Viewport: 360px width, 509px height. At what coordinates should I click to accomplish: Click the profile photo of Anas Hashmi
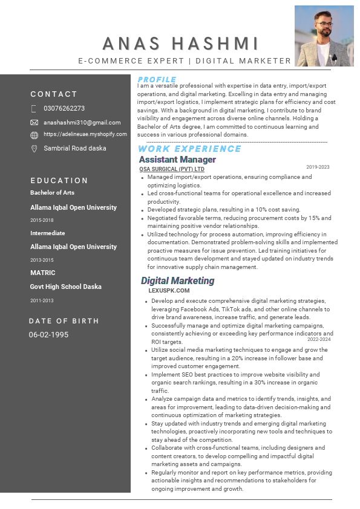pyautogui.click(x=324, y=36)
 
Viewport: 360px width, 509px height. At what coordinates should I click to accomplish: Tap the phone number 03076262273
pyautogui.click(x=64, y=109)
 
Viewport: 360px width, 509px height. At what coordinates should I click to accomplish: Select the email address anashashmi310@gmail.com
pyautogui.click(x=82, y=123)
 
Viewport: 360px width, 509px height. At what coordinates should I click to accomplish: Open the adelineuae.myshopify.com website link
pyautogui.click(x=85, y=134)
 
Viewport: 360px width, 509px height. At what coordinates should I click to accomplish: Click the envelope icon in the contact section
pyautogui.click(x=34, y=123)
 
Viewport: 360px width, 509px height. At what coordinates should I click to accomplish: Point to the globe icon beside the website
pyautogui.click(x=34, y=135)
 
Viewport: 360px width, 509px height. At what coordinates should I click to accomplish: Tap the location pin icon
pyautogui.click(x=34, y=148)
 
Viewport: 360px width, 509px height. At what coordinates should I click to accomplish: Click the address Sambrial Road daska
pyautogui.click(x=75, y=148)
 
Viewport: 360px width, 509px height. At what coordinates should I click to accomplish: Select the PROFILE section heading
pyautogui.click(x=157, y=80)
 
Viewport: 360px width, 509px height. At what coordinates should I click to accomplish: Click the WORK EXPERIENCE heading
pyautogui.click(x=189, y=149)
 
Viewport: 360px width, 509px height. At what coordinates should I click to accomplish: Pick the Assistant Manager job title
pyautogui.click(x=177, y=160)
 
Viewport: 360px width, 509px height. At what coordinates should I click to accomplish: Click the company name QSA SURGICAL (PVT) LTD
pyautogui.click(x=172, y=169)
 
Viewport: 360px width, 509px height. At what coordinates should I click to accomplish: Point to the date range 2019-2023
pyautogui.click(x=318, y=167)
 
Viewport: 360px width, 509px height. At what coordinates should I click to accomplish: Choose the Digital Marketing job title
pyautogui.click(x=177, y=280)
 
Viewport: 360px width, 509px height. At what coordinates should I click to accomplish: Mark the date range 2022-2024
pyautogui.click(x=319, y=339)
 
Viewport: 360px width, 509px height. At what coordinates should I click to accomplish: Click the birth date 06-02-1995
pyautogui.click(x=48, y=334)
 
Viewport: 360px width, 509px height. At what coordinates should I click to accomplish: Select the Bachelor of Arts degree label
pyautogui.click(x=52, y=193)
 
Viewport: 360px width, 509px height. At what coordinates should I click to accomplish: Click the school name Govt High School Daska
pyautogui.click(x=66, y=287)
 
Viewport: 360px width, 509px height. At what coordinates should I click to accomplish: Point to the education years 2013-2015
pyautogui.click(x=42, y=260)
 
